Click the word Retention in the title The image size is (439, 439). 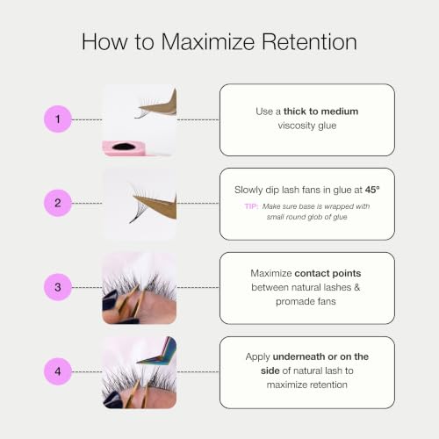coord(309,41)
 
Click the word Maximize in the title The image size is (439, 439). coord(208,41)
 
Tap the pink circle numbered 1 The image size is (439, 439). coord(58,119)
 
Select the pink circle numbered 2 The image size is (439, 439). coord(58,203)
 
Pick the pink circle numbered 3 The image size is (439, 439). coord(58,287)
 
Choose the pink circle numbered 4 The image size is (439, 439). coord(58,371)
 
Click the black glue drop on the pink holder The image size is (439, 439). coord(123,147)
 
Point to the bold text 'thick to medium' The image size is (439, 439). coord(320,112)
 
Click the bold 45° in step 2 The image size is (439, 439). coord(372,190)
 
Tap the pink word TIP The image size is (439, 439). coord(251,206)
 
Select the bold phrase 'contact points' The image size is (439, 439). coord(327,273)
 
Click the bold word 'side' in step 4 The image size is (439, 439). coord(270,371)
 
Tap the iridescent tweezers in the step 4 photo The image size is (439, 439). coord(158,354)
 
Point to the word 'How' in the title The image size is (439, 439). coord(104,41)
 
